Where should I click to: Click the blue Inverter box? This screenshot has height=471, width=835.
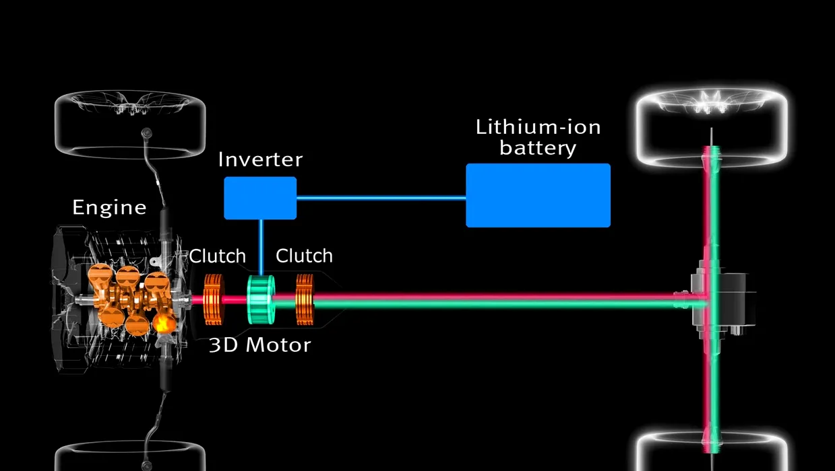(x=260, y=198)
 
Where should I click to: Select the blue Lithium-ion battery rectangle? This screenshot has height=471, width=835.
(x=538, y=195)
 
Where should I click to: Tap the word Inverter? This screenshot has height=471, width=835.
(x=260, y=160)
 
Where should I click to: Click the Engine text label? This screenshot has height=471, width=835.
(x=109, y=207)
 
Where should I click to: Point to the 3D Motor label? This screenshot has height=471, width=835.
(x=259, y=345)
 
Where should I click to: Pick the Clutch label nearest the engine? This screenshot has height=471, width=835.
(x=217, y=256)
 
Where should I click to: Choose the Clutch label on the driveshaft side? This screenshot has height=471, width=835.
(x=304, y=256)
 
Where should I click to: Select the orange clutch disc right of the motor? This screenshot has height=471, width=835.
(x=305, y=299)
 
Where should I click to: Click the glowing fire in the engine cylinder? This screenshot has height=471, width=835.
(x=162, y=324)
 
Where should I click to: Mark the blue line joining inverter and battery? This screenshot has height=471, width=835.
(x=381, y=198)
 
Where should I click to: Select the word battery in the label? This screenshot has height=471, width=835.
(x=538, y=147)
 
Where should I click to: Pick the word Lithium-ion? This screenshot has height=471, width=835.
(x=538, y=126)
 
